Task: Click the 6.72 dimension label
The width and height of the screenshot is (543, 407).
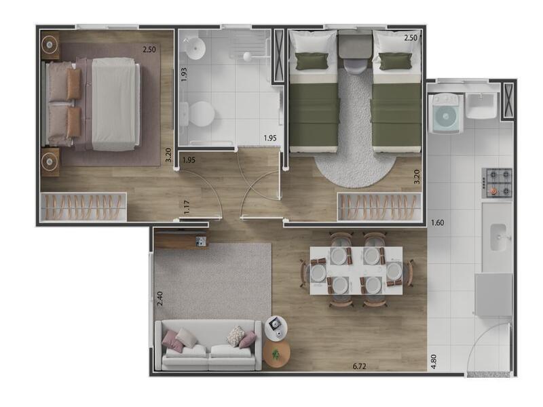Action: pos(359,366)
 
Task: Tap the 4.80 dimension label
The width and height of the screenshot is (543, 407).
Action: pos(434,361)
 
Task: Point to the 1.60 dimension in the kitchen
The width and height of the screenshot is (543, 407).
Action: pos(437,222)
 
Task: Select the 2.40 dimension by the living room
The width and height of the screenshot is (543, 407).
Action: pos(160,298)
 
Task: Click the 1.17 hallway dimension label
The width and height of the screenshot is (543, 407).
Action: pos(187,208)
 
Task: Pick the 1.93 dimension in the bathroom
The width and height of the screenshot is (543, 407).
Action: pos(184,74)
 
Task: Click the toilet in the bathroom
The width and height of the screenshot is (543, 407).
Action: pos(198,113)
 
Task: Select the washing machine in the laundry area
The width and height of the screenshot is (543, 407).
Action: pos(446,113)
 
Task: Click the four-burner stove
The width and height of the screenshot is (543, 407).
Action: pos(497,182)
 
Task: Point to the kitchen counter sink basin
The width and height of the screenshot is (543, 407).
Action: pos(499,237)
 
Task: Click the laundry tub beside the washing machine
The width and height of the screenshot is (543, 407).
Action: pos(483,106)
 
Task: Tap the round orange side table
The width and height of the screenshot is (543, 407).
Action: pos(276,354)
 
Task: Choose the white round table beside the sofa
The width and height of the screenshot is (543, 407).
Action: pos(276,327)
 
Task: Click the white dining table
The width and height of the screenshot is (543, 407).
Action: pos(356,270)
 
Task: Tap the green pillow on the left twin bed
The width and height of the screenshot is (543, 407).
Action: pos(312,61)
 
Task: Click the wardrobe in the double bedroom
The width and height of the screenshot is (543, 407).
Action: pos(83,207)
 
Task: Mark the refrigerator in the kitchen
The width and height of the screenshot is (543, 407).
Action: pos(493,294)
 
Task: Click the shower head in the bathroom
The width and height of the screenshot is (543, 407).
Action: pos(247,56)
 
